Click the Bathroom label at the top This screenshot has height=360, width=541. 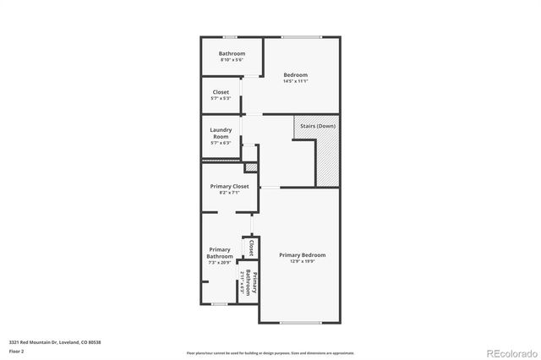click(232, 53)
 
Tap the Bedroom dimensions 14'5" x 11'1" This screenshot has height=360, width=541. click(295, 81)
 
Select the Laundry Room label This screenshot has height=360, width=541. click(221, 133)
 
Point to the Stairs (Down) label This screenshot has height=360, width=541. click(318, 126)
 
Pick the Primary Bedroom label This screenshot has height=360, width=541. click(302, 254)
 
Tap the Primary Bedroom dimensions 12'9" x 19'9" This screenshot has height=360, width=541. click(302, 261)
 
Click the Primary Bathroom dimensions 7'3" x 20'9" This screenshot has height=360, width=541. click(220, 263)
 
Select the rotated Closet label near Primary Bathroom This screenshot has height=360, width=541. click(251, 248)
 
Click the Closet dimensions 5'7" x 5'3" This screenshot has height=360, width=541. click(220, 98)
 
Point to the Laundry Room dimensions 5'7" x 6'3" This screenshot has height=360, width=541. click(221, 143)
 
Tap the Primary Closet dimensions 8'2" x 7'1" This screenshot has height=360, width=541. click(229, 193)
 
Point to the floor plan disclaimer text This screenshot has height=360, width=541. click(270, 353)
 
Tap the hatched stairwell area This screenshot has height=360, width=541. click(327, 161)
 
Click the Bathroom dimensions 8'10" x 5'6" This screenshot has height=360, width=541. click(232, 60)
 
